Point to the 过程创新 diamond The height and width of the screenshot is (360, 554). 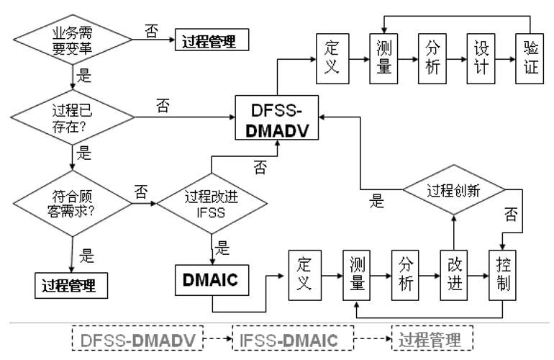(x=453, y=191)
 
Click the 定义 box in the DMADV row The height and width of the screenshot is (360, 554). (x=332, y=58)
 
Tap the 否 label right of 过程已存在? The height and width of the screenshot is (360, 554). (x=163, y=107)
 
